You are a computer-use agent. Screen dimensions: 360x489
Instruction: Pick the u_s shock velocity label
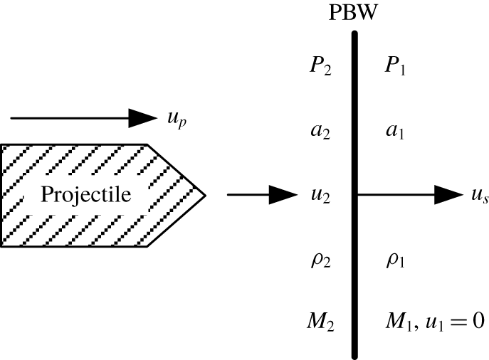coord(478,196)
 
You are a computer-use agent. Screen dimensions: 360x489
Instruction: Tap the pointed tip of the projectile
coord(204,194)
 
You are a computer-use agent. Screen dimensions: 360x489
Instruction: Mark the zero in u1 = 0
coord(478,322)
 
